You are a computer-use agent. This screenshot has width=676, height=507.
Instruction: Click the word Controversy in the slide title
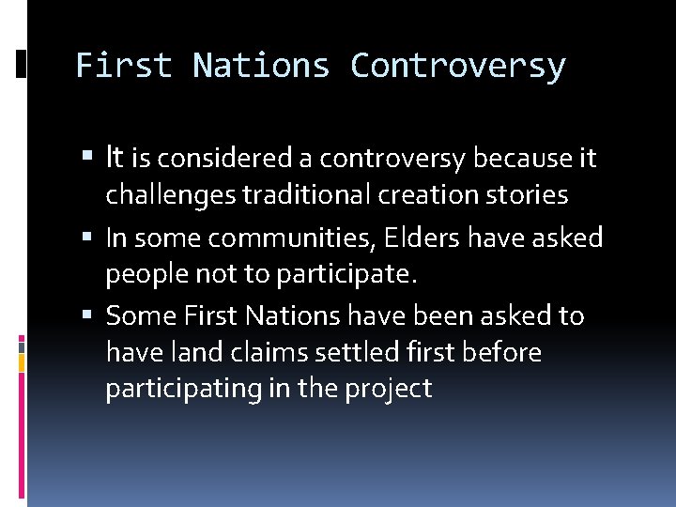point(458,66)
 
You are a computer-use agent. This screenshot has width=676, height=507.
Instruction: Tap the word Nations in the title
point(262,66)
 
